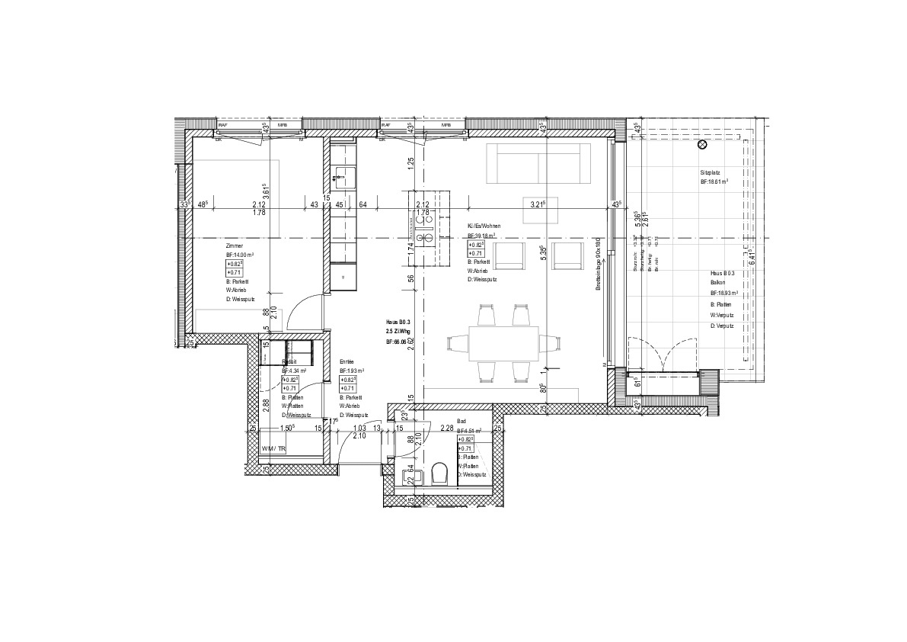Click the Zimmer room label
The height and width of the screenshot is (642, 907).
click(x=234, y=246)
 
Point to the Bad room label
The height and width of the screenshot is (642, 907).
click(x=461, y=421)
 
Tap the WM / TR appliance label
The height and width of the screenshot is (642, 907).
click(x=273, y=450)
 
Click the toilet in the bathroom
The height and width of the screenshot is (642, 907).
click(x=437, y=475)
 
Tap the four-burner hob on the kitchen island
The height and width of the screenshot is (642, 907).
click(x=423, y=226)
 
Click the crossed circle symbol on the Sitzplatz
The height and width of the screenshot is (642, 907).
click(x=702, y=144)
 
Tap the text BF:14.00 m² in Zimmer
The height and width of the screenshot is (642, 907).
click(x=239, y=255)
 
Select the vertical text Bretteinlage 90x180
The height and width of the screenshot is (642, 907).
click(x=599, y=262)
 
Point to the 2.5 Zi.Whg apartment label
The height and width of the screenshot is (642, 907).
click(x=398, y=333)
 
